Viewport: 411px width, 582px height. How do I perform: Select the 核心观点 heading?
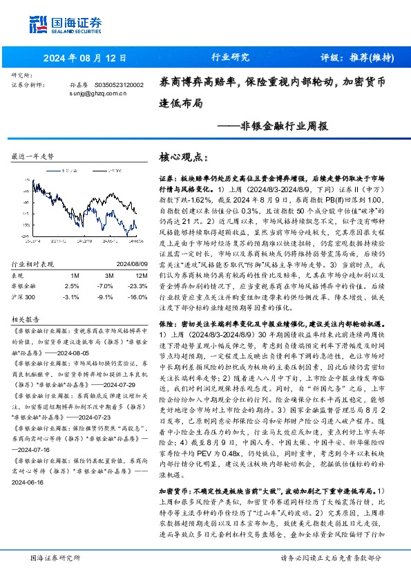(x=183, y=158)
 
